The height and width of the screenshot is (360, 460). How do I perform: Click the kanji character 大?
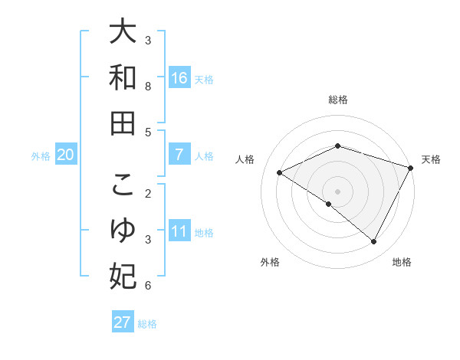tap(123, 33)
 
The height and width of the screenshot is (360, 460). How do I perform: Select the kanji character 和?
tap(123, 77)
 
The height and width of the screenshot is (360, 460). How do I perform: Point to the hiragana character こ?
tap(123, 186)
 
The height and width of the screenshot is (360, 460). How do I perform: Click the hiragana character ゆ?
tap(123, 231)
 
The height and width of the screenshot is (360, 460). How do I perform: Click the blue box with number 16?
tap(179, 78)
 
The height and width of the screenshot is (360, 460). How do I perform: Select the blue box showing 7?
tap(179, 155)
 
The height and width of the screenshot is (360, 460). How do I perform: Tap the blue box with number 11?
tap(179, 231)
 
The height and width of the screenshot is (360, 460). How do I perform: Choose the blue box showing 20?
tap(66, 155)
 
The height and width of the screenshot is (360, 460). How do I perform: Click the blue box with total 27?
tap(123, 322)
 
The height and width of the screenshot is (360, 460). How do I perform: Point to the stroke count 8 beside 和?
tap(149, 87)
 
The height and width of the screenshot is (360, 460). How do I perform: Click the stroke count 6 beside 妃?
tap(149, 286)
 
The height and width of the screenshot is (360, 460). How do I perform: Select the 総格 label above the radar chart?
tap(337, 100)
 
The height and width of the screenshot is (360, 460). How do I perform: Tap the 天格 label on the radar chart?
tap(431, 159)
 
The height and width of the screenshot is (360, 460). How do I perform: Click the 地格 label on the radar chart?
tap(402, 262)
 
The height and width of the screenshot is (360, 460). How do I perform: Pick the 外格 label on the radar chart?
tap(270, 262)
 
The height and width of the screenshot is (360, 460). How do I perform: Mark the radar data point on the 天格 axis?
tap(412, 167)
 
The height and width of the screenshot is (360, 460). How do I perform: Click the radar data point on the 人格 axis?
tap(280, 172)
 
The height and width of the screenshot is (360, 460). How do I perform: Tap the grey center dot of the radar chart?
tap(337, 191)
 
